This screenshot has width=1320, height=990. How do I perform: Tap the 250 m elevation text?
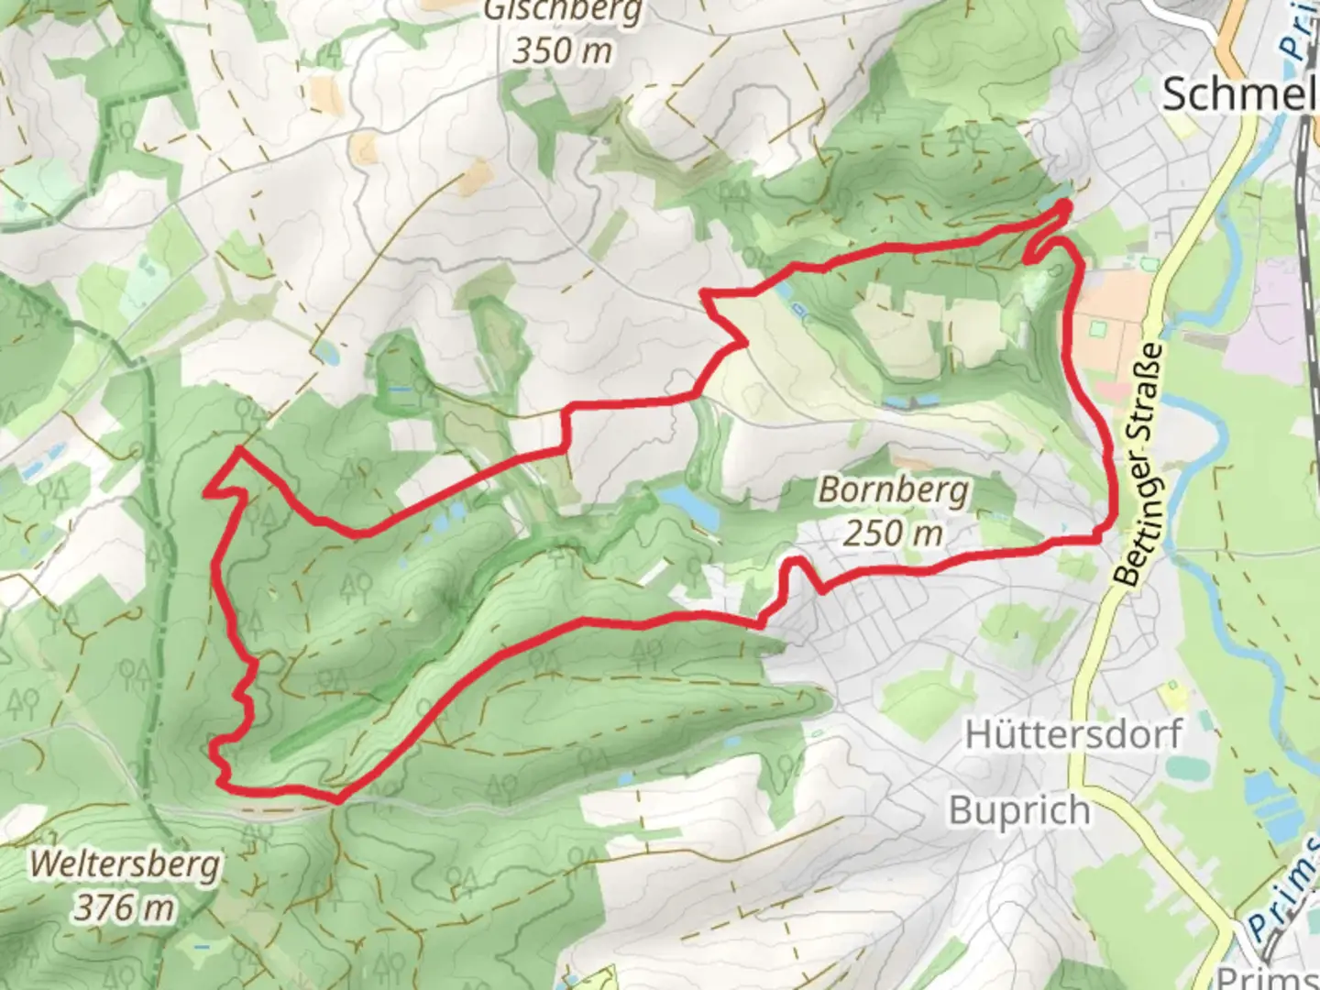[893, 533]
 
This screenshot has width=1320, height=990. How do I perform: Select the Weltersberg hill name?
[125, 864]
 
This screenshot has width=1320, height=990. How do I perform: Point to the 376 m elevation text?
[125, 907]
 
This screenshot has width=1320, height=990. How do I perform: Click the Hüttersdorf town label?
[1073, 734]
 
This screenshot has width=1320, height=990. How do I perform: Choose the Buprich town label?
[1019, 811]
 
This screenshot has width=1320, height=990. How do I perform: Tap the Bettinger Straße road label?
[1140, 466]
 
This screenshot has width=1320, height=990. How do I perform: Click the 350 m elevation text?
[561, 50]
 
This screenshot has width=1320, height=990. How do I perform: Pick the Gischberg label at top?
[562, 11]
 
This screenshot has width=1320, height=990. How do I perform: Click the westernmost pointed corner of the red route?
[205, 493]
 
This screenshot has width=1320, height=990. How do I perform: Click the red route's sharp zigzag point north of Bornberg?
[744, 343]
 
